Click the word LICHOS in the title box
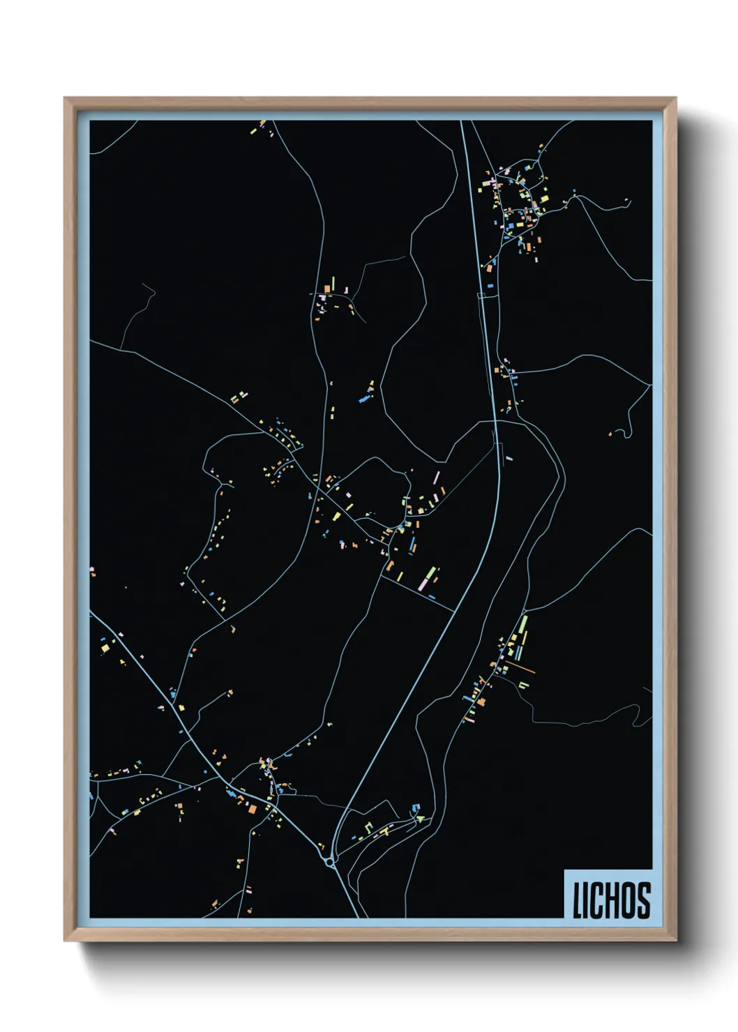[x=611, y=900]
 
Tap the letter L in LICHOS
[x=578, y=901]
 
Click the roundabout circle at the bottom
[x=330, y=863]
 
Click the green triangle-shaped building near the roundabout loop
[x=421, y=819]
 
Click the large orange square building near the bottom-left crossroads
[x=252, y=808]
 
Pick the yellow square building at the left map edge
[x=105, y=648]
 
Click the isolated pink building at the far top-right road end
[x=626, y=201]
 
